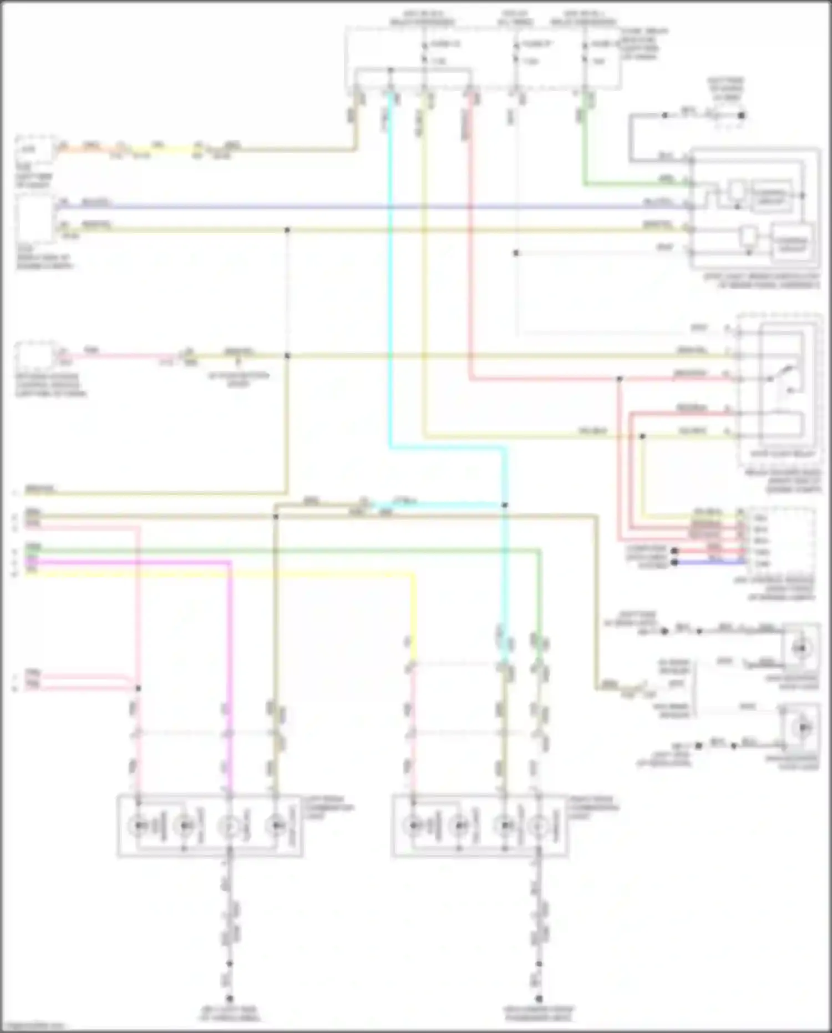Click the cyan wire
click(x=391, y=278)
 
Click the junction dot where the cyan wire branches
click(x=505, y=505)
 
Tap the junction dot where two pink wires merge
click(x=138, y=688)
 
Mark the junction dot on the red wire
click(x=620, y=379)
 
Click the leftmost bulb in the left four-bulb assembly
click(x=139, y=826)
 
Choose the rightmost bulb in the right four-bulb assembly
click(x=537, y=826)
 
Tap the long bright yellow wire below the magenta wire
click(x=222, y=575)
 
